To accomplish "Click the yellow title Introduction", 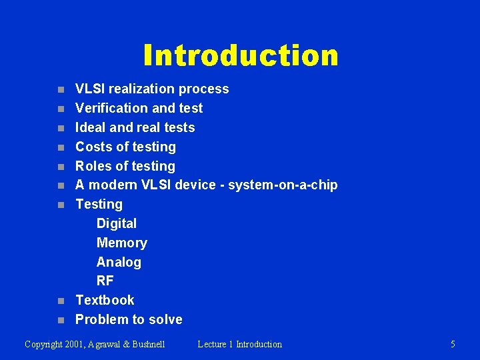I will (x=241, y=55).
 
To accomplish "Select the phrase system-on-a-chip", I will (x=283, y=185).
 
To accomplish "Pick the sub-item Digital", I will (x=116, y=223).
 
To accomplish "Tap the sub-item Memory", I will (x=121, y=243).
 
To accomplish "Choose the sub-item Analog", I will (x=119, y=262).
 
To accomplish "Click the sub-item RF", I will (x=105, y=281).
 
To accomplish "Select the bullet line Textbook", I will (x=105, y=300).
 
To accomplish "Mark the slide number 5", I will (x=453, y=345).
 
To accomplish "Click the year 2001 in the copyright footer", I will (x=79, y=345).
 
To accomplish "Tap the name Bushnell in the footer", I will (x=147, y=345).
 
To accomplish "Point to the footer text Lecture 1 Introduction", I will (x=239, y=345).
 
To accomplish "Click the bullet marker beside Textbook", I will (x=61, y=301).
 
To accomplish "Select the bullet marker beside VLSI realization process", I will (x=61, y=89).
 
